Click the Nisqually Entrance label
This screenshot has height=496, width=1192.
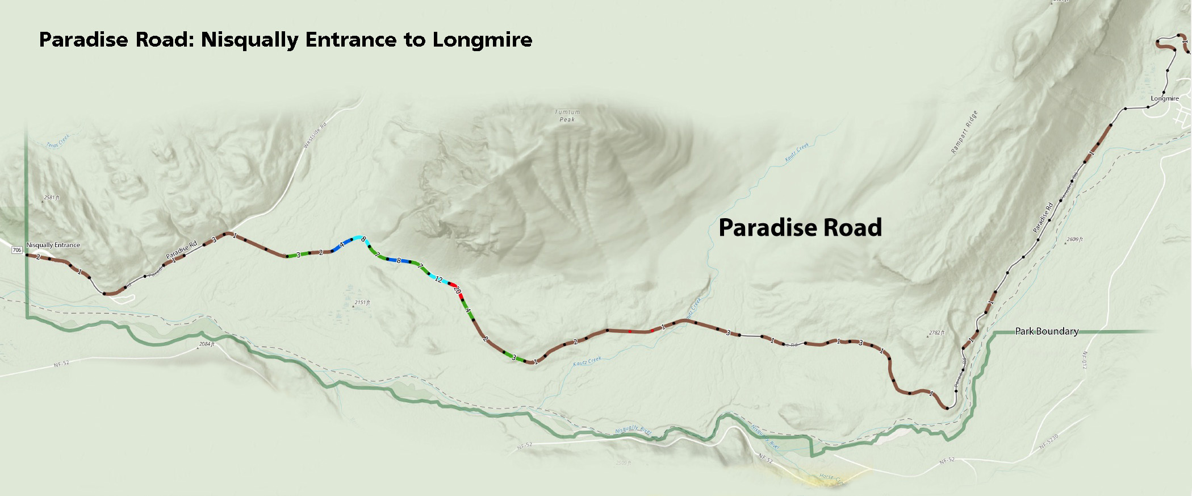point(53,245)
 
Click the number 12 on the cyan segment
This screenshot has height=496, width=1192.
point(438,279)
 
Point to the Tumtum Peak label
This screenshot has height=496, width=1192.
point(567,116)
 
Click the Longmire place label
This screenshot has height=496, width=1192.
point(1165,98)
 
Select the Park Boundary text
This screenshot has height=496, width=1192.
point(1046,331)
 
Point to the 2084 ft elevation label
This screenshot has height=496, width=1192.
point(208,344)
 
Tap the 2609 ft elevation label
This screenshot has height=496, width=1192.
point(1075,239)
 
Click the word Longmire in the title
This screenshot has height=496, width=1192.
point(482,40)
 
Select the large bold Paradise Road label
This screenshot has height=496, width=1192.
point(800,227)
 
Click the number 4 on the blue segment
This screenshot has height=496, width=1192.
point(341,245)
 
